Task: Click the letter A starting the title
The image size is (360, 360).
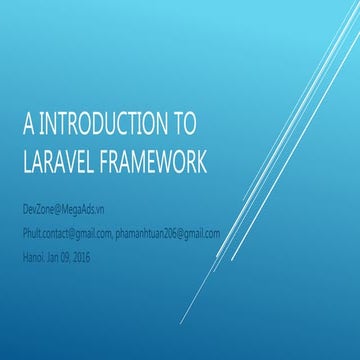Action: pyautogui.click(x=28, y=125)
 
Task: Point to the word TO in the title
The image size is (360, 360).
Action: pyautogui.click(x=183, y=125)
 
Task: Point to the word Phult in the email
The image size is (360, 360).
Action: pyautogui.click(x=32, y=232)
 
